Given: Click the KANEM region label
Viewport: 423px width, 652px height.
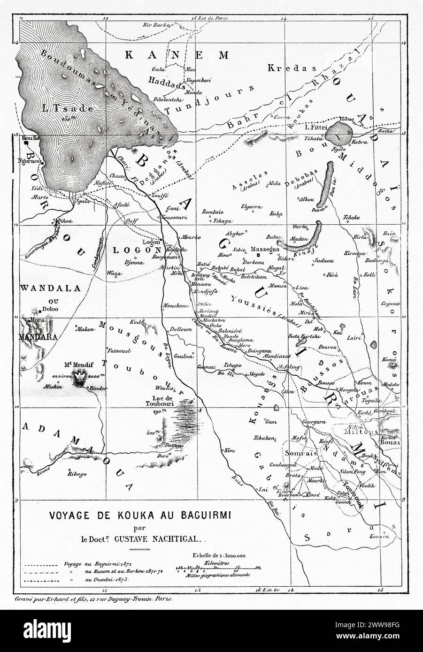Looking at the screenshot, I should click(x=177, y=55).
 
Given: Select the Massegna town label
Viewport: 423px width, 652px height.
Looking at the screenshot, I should click(x=266, y=249).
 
